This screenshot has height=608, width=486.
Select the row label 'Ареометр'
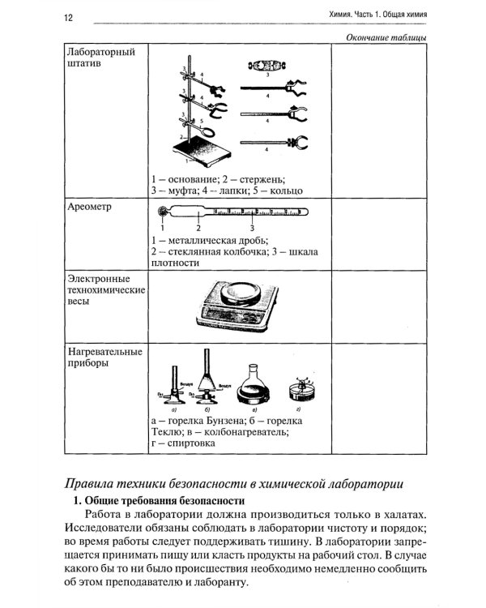pyautogui.click(x=88, y=208)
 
